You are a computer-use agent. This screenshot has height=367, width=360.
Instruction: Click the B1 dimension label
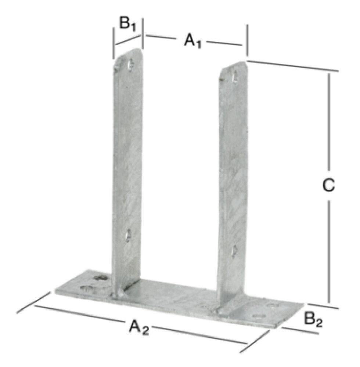127,25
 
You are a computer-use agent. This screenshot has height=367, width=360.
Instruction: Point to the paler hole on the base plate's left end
85,288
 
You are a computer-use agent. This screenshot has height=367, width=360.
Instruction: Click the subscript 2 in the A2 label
145,329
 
